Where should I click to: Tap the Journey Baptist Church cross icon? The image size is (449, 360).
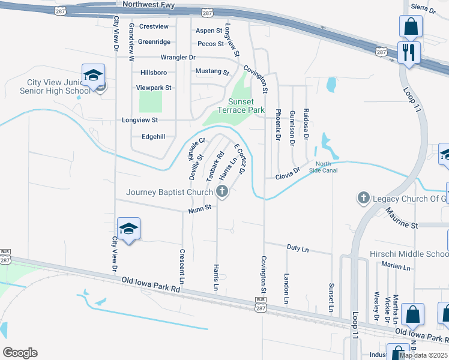(x=222, y=193)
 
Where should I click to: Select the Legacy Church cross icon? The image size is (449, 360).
(x=363, y=198)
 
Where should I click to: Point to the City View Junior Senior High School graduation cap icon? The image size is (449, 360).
(x=93, y=75)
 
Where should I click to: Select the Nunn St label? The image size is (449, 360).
(x=200, y=208)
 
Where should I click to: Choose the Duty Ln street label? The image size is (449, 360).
(x=298, y=248)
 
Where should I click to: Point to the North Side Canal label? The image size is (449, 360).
(x=323, y=167)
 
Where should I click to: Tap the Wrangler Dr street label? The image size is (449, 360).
(x=178, y=58)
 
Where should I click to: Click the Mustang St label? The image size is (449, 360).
(x=212, y=72)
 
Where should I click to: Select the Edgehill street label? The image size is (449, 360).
(x=153, y=137)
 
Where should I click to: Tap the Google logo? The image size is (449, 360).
(x=20, y=353)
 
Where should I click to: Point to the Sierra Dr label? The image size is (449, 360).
(x=424, y=8)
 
